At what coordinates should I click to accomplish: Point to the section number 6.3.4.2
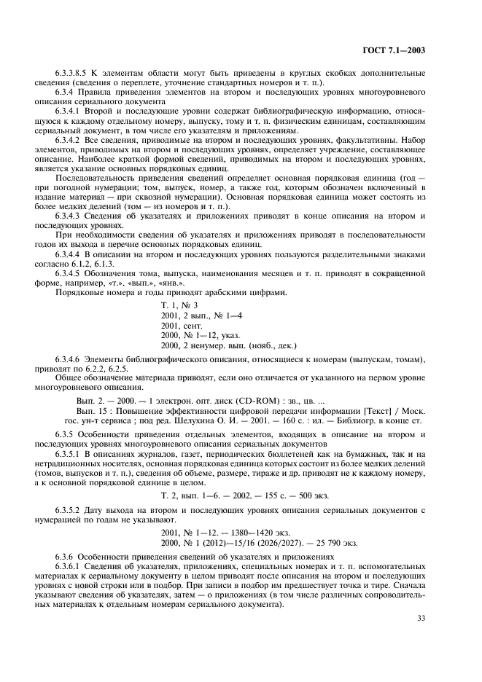coord(69,138)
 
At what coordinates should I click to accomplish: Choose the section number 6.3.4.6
coord(69,361)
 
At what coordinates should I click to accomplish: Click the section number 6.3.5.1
coord(69,454)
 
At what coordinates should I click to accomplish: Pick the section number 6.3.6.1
coord(69,565)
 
